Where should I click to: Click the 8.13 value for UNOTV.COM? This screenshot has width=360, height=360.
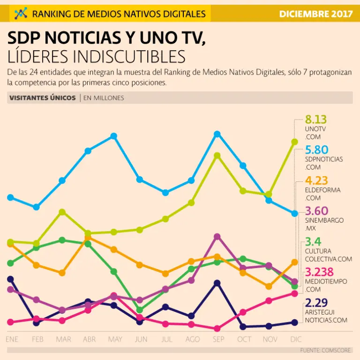pos(315,120)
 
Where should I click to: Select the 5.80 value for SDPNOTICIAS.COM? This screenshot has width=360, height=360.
pos(316,150)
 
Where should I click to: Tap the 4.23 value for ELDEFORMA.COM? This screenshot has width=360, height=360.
pos(316,180)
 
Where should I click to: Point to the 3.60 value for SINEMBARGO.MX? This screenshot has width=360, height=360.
pos(316,211)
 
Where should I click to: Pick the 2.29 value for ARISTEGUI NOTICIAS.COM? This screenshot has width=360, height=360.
pos(316,302)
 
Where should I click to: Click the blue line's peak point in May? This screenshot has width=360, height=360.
pos(113,136)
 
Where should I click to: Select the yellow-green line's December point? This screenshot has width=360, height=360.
pos(294,142)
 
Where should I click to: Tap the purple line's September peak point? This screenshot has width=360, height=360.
pos(217,237)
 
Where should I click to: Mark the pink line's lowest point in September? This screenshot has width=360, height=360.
pos(217,329)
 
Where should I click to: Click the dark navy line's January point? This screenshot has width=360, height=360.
pos(10,279)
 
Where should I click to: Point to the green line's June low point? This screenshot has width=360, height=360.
pos(139,310)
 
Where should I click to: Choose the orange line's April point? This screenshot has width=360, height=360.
pos(88,238)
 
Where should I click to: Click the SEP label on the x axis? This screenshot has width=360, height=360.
pos(217,339)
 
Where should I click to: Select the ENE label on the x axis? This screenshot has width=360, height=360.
pos(12,339)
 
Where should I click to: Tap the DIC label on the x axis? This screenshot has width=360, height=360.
pos(295,339)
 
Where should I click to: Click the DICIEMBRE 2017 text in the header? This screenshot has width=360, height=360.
pos(315,14)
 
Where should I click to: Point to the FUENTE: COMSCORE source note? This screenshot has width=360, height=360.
pos(325,350)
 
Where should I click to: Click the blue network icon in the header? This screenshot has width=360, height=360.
pos(21,14)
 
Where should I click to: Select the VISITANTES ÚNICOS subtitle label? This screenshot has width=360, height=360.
pos(42,98)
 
